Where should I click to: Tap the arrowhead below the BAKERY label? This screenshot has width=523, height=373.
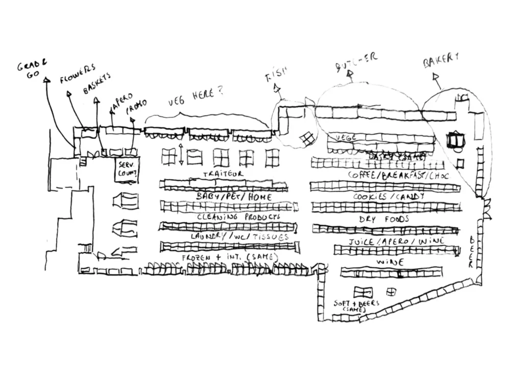tap(436, 77)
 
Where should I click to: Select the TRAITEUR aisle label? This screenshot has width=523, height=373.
tap(223, 174)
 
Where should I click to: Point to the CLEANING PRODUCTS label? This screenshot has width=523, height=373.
tap(239, 217)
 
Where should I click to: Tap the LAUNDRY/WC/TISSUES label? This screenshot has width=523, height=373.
tap(239, 237)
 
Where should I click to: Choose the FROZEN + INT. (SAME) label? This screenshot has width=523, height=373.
tap(229, 257)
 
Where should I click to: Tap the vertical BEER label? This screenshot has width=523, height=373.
tap(471, 252)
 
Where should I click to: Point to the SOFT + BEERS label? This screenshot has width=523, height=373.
tap(355, 305)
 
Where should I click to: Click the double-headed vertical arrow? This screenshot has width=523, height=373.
tap(180, 154)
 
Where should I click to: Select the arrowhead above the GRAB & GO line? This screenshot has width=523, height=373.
tap(46, 79)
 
